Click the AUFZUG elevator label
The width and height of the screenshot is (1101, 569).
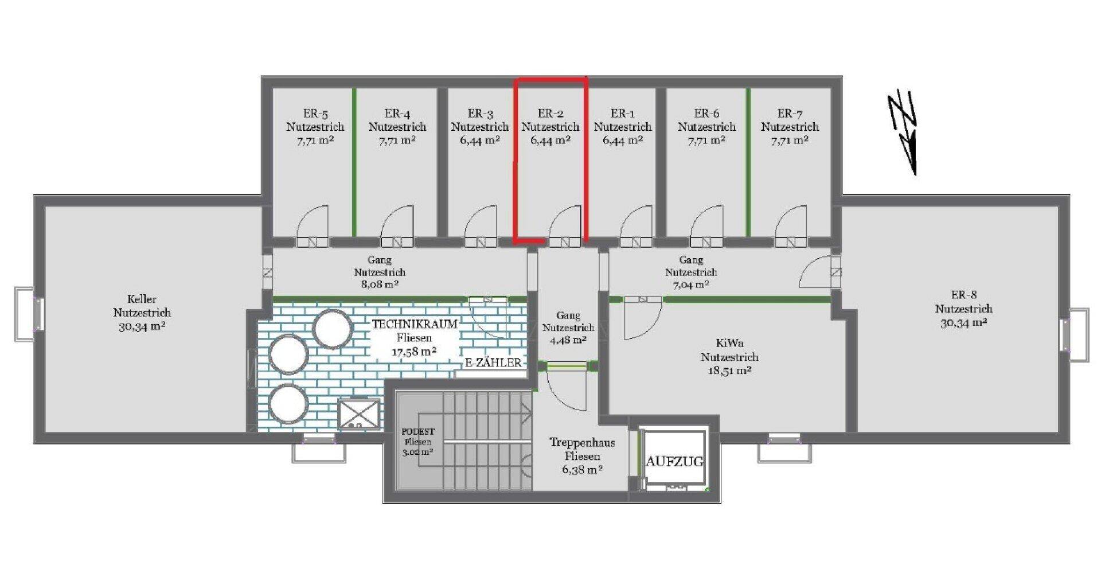point(674,461)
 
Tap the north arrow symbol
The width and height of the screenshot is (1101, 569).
point(903,133)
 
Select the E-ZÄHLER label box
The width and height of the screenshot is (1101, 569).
point(493,363)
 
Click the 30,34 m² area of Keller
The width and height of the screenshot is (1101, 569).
point(142,327)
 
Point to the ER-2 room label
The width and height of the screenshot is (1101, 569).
point(550,114)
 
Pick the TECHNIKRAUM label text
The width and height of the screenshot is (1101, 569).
point(415,324)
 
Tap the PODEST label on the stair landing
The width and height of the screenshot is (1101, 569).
point(418,431)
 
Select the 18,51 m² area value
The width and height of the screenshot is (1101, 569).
point(729,371)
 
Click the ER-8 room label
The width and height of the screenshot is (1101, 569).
point(964,295)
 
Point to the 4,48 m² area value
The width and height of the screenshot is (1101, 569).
point(568,340)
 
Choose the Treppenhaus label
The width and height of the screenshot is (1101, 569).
point(582,442)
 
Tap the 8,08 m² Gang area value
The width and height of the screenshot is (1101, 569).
point(380,284)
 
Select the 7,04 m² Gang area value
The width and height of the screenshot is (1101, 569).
point(691,284)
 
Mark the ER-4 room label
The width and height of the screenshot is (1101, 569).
point(397,114)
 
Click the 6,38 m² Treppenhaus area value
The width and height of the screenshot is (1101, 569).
point(582,470)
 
